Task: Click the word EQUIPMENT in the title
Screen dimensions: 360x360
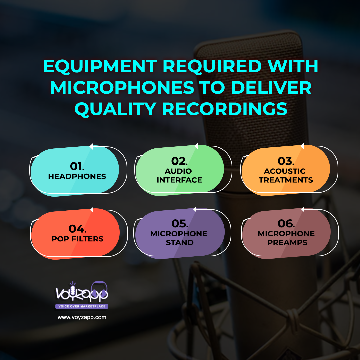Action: [x=100, y=67]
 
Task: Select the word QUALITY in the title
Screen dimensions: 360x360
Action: [x=115, y=109]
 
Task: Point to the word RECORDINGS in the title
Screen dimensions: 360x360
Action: [x=225, y=109]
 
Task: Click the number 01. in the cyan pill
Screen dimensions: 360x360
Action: [x=77, y=166]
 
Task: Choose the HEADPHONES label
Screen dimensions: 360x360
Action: [x=77, y=176]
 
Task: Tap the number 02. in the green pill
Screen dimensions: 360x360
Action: [x=179, y=161]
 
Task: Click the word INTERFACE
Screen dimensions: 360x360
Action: [x=179, y=180]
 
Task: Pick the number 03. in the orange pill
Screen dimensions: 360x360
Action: [x=286, y=161]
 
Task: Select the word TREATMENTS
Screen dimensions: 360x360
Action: [x=286, y=180]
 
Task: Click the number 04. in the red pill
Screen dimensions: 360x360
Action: [x=78, y=229]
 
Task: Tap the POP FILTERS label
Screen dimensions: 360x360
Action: [x=78, y=239]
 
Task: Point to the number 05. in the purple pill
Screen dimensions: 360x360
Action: [x=180, y=224]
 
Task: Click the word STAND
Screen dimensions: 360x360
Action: [x=180, y=242]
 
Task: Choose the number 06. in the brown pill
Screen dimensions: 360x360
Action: [x=286, y=224]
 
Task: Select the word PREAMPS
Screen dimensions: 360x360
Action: [x=287, y=242]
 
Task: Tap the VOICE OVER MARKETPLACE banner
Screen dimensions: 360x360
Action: [x=82, y=306]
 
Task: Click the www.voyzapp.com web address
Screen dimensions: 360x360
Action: [x=82, y=318]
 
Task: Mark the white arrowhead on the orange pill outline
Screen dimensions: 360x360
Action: [x=302, y=146]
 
